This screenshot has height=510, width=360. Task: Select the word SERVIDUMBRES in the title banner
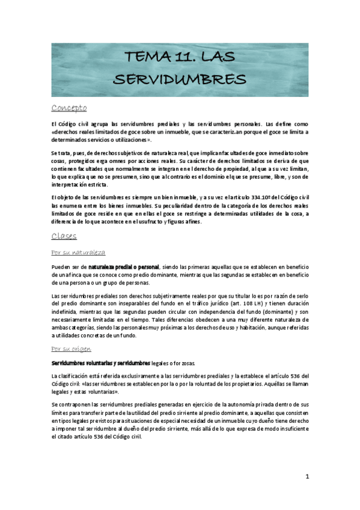179,79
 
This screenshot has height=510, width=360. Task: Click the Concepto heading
69,108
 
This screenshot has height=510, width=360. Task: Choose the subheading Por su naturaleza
79,252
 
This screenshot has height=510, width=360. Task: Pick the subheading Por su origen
71,348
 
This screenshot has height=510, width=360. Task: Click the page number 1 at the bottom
307,477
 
